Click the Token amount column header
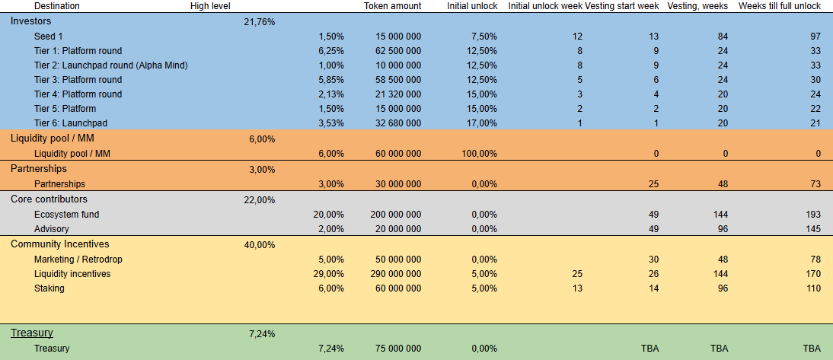(x=392, y=6)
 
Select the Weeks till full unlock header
(x=780, y=6)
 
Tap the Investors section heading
(x=31, y=21)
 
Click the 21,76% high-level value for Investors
(x=260, y=22)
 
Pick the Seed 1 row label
(x=49, y=37)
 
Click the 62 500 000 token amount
(x=398, y=51)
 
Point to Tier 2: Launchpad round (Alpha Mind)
(x=110, y=65)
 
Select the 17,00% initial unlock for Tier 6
(x=482, y=123)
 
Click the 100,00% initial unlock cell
(x=479, y=154)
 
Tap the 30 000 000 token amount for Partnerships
(x=398, y=184)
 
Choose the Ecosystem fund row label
(x=67, y=215)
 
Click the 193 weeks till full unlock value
(x=812, y=215)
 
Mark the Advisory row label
(x=52, y=229)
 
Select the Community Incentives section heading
(x=60, y=244)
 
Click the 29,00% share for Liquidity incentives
(x=330, y=274)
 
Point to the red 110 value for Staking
(x=812, y=288)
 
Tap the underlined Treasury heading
(x=31, y=333)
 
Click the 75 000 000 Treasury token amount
(x=398, y=349)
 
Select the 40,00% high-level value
(x=260, y=245)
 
